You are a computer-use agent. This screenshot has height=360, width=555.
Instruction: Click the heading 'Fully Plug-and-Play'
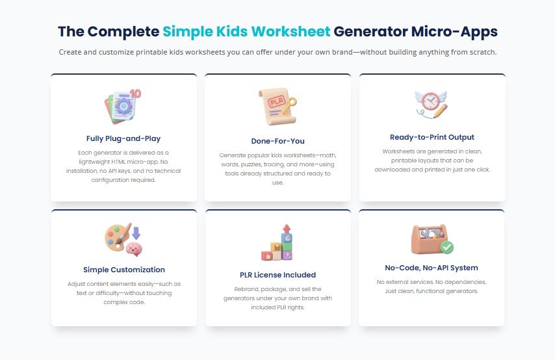click(123, 138)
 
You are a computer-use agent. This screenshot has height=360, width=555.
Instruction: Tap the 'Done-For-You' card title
click(277, 141)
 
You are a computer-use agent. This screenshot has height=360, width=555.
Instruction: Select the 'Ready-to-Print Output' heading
click(432, 137)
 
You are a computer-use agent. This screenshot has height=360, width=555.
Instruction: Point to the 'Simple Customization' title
click(123, 270)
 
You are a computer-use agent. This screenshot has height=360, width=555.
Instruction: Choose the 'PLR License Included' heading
click(277, 275)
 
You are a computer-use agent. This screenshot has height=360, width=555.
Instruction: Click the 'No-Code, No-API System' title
click(432, 268)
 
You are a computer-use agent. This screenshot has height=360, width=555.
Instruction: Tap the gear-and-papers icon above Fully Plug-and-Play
click(122, 107)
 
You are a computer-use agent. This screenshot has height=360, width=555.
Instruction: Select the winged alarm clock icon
click(432, 104)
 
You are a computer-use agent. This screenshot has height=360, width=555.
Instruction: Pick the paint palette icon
click(116, 237)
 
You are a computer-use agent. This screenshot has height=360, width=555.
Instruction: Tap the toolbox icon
click(429, 239)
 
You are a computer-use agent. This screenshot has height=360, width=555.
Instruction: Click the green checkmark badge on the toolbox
click(447, 247)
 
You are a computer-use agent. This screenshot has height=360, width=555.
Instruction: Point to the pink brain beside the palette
click(135, 248)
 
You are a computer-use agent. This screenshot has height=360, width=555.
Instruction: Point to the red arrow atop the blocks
click(285, 230)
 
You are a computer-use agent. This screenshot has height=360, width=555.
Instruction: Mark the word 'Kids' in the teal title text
click(229, 31)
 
